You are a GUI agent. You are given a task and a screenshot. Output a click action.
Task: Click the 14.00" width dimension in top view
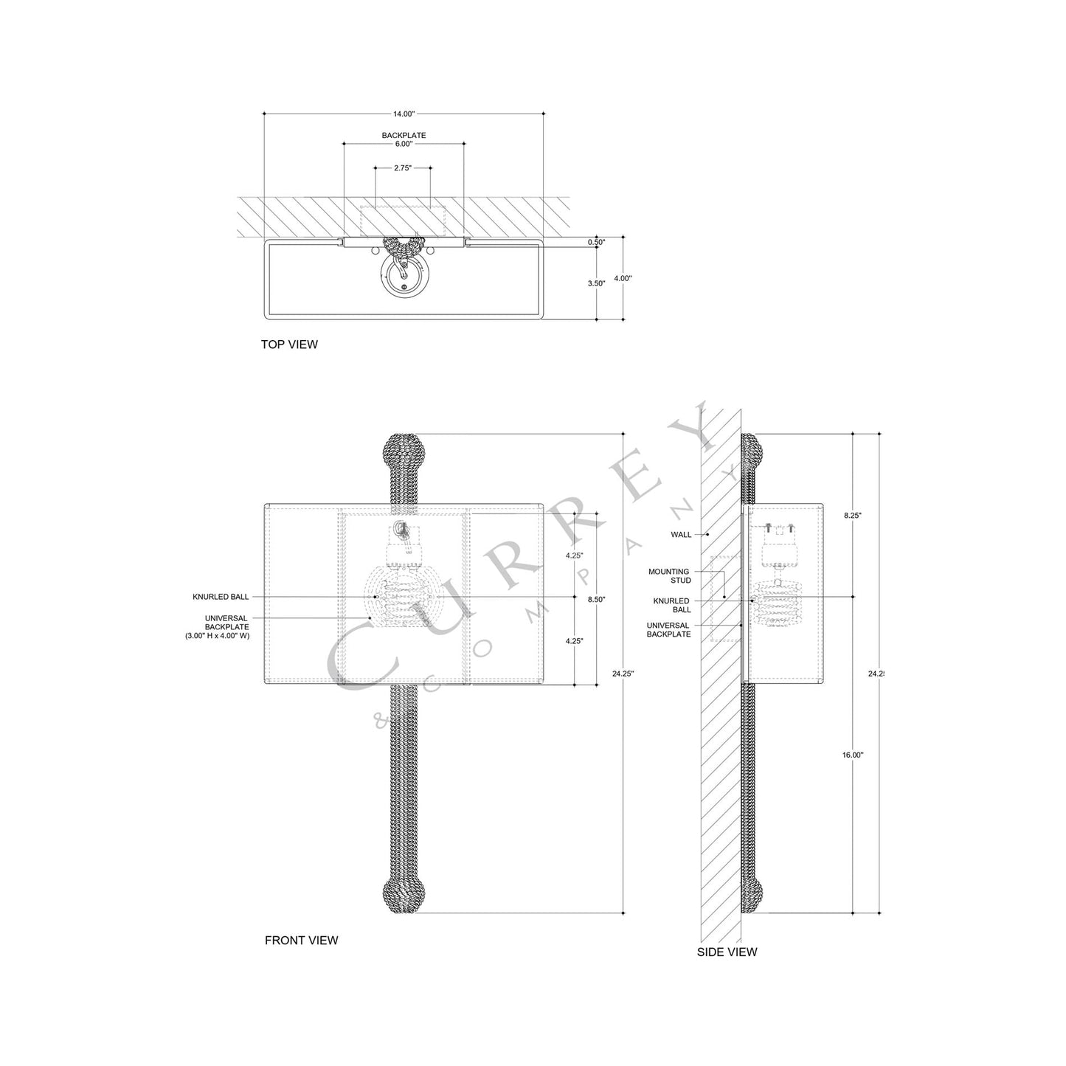(404, 114)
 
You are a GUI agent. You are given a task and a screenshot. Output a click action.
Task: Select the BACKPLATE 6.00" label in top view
(404, 140)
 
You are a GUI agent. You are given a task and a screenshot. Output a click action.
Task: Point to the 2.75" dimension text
(402, 168)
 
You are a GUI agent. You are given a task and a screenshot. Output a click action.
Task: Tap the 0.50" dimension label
(596, 242)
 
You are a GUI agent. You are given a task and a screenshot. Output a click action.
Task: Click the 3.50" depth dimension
(596, 283)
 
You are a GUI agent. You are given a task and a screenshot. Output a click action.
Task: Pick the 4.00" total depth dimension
(623, 278)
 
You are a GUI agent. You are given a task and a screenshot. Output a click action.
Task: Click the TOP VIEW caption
(289, 345)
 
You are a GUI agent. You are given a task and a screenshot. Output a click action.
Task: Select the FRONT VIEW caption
(301, 940)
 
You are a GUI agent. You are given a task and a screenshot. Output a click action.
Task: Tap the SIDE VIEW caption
(727, 952)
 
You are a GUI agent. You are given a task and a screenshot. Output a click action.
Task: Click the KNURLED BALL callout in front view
(221, 597)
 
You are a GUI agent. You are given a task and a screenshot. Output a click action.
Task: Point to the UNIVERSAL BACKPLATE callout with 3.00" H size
(218, 626)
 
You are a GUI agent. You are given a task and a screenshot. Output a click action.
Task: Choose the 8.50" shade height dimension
(596, 600)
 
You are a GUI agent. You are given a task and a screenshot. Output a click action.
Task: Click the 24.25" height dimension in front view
(623, 673)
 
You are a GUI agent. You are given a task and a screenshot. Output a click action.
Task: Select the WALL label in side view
(681, 534)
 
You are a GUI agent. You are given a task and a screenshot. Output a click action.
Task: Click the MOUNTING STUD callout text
(669, 576)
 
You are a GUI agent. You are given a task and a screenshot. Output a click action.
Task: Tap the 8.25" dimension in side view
(853, 516)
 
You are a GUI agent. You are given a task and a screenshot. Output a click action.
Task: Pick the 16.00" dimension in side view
(853, 755)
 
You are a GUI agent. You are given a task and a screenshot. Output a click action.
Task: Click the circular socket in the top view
(403, 280)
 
